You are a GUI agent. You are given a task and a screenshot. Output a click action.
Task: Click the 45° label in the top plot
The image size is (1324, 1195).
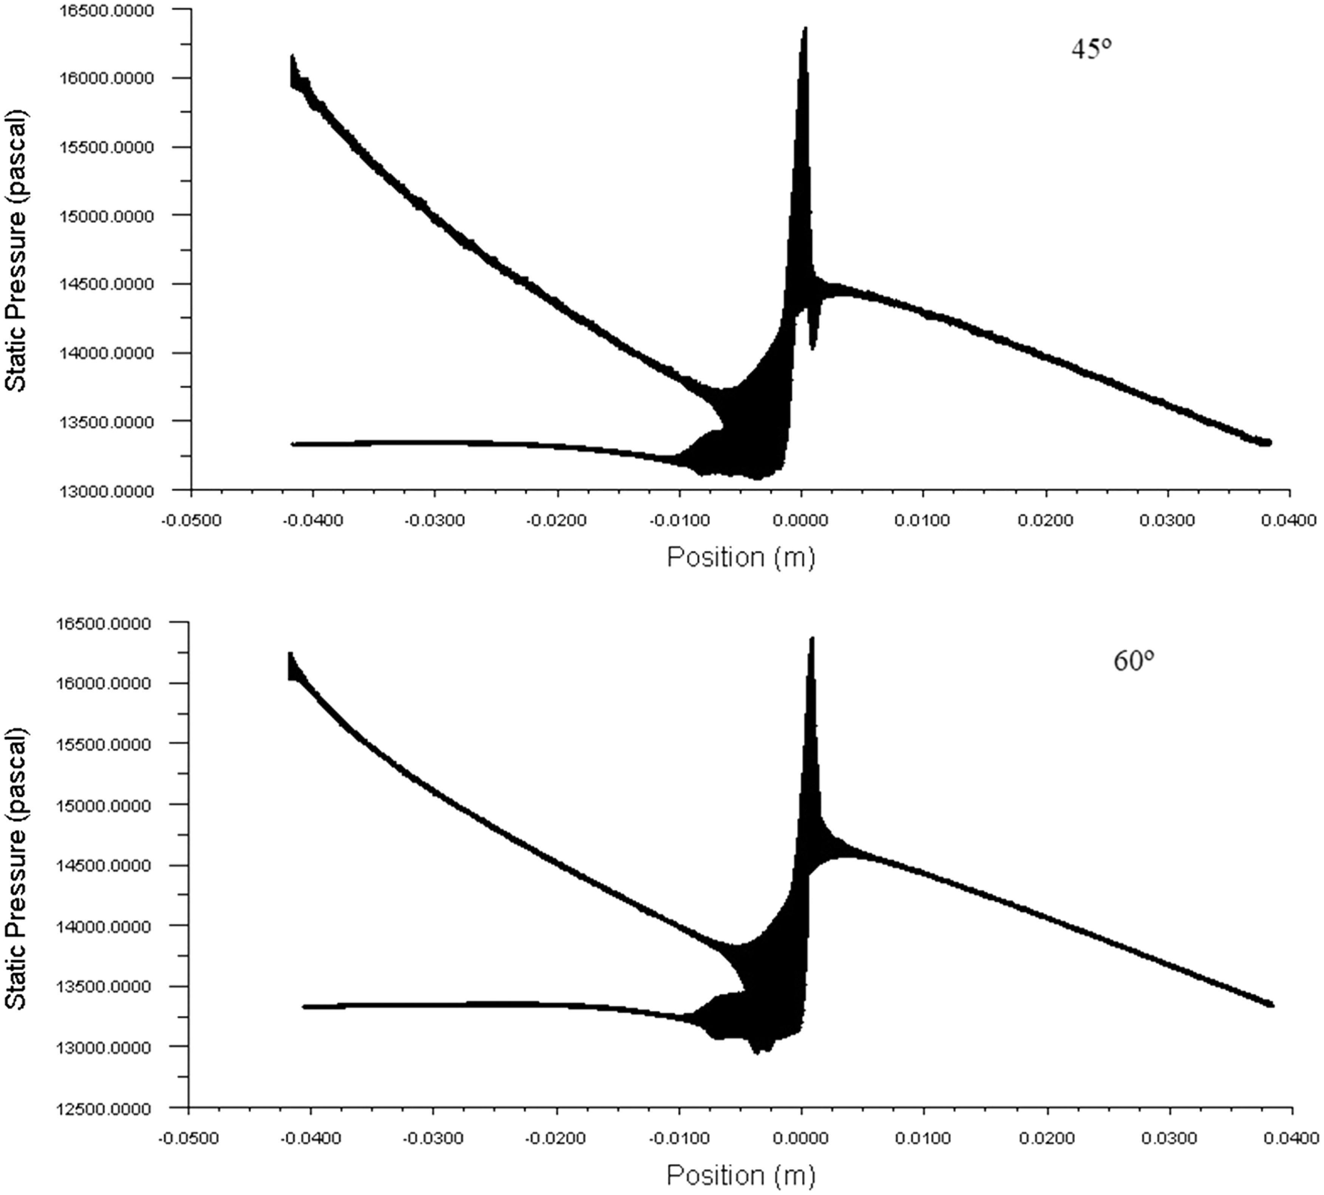click(x=1092, y=49)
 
